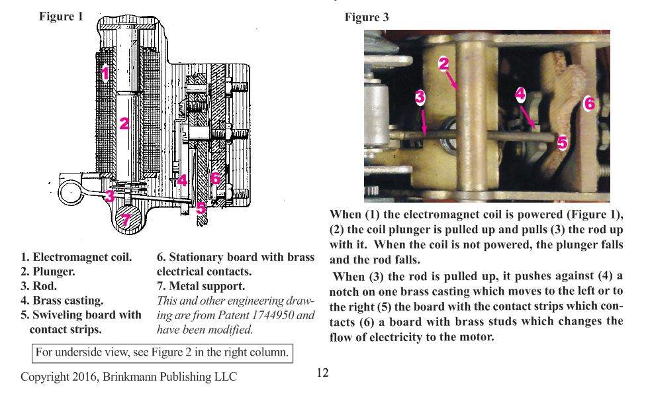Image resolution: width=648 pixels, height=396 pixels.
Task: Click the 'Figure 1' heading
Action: point(61,17)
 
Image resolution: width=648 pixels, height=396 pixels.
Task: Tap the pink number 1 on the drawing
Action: point(105,73)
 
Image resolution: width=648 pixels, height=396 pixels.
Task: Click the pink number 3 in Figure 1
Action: point(109,195)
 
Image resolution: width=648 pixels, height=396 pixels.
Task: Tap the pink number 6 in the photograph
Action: point(589,103)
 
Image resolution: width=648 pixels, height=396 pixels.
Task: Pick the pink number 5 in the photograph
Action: point(562,142)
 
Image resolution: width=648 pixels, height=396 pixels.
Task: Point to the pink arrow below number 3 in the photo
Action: point(423,120)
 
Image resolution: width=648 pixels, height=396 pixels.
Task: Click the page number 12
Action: point(322,373)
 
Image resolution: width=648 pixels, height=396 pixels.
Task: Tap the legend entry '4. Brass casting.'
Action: point(62,301)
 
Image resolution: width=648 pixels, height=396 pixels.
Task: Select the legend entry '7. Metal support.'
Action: point(201,286)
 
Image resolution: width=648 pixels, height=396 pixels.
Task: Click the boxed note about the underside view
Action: point(162,352)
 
